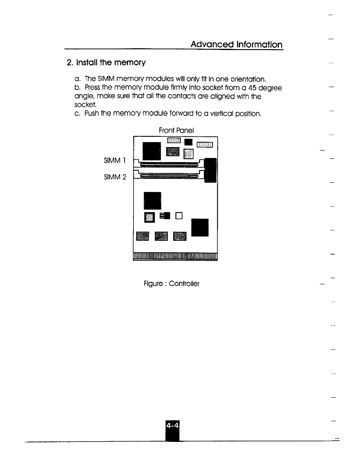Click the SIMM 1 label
click(115, 161)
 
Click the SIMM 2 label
click(115, 177)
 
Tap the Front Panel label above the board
click(176, 130)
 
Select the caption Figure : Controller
click(171, 284)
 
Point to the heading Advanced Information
click(236, 45)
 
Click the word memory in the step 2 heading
click(130, 63)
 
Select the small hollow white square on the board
click(179, 216)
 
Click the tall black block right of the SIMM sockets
click(210, 170)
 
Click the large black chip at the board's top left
click(151, 150)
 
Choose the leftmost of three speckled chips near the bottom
click(143, 236)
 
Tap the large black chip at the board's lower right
click(200, 227)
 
